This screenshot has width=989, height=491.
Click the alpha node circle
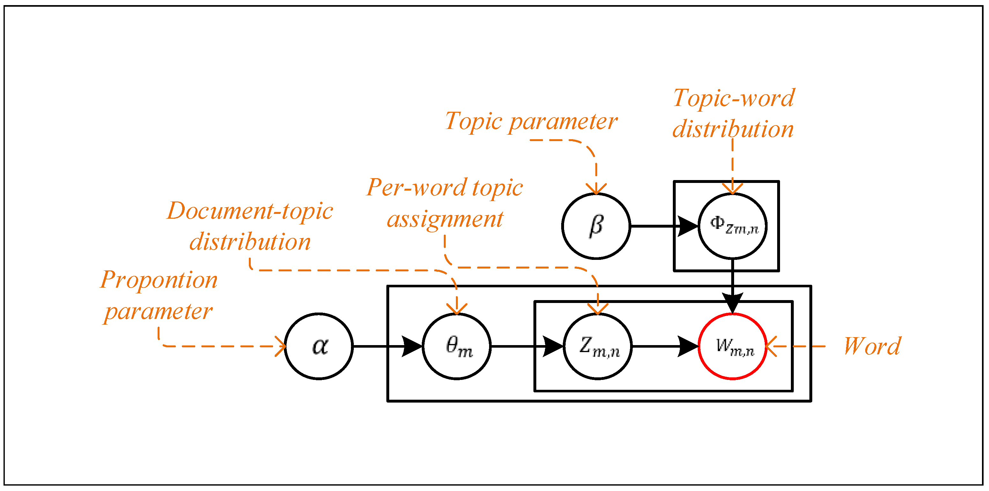(x=319, y=346)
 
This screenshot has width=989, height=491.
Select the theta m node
(x=457, y=346)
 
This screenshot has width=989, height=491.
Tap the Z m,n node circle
(x=598, y=346)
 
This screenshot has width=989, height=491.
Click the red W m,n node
(x=732, y=346)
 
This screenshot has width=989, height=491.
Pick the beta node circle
(x=596, y=226)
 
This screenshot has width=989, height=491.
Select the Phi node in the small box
(x=732, y=226)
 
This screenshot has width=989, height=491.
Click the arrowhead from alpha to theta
(x=412, y=346)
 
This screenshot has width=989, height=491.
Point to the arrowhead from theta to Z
(x=553, y=346)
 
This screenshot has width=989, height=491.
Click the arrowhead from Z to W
(x=688, y=346)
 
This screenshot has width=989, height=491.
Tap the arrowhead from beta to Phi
(x=688, y=226)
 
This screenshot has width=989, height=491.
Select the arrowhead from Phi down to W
(x=732, y=303)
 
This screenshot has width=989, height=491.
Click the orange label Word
(x=872, y=346)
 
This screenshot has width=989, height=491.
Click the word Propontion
(x=159, y=280)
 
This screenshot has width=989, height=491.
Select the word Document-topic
(x=250, y=211)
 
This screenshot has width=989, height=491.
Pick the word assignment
(x=445, y=219)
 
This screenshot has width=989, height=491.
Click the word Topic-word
(x=734, y=98)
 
